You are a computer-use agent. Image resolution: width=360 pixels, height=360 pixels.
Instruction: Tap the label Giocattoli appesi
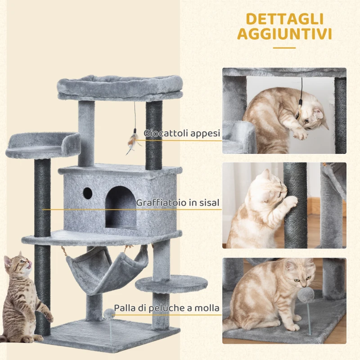182,133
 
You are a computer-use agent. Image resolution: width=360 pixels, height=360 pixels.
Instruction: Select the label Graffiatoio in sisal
178,203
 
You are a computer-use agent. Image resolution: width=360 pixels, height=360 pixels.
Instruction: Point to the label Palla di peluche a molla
166,308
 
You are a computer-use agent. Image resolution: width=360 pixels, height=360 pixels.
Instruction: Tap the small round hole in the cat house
87,193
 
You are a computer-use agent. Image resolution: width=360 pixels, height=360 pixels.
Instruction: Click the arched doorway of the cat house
121,207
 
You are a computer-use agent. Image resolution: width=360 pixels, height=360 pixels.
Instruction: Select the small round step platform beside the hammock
171,283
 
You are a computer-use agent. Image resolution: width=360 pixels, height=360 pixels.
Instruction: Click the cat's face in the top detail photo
311,118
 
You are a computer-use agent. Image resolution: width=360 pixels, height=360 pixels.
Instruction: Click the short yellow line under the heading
284,47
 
